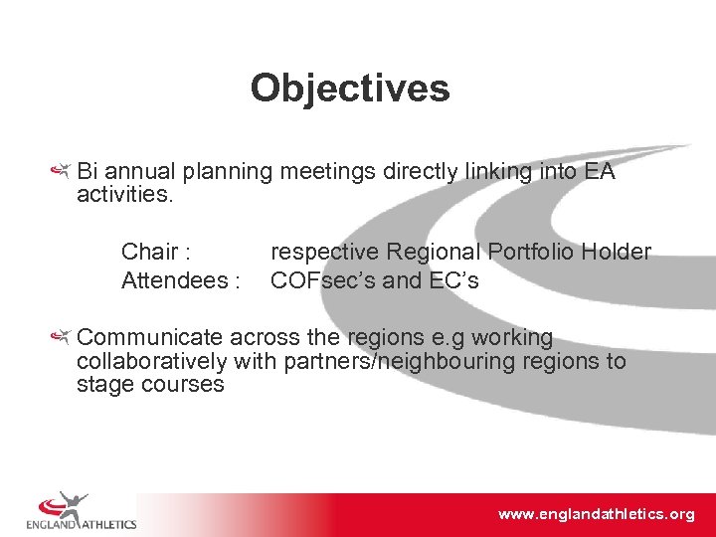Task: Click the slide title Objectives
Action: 350,89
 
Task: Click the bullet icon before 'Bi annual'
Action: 62,172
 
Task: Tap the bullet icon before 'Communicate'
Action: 62,338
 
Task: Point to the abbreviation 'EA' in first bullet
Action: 600,172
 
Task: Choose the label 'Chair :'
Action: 156,252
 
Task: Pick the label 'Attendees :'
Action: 180,280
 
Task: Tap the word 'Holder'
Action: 616,252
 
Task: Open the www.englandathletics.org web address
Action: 596,514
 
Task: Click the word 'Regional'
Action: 429,252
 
